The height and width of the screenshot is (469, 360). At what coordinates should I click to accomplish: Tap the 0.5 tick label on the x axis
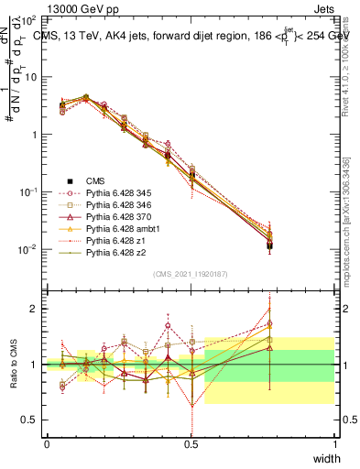point(191,444)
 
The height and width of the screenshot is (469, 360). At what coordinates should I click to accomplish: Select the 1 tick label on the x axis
point(335,444)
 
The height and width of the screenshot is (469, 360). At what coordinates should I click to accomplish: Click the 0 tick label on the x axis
point(47,444)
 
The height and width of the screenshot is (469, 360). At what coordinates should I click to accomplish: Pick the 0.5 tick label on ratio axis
point(32,420)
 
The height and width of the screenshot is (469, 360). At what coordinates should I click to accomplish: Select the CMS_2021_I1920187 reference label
point(191,274)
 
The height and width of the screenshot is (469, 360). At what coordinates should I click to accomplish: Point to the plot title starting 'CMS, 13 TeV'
point(192,36)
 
